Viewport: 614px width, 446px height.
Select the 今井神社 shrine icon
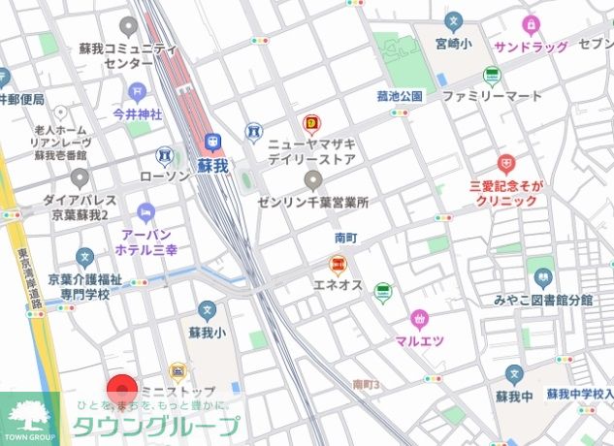click(x=137, y=92)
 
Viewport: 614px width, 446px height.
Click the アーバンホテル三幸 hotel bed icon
click(x=145, y=212)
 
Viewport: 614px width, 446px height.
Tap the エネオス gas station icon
click(x=338, y=264)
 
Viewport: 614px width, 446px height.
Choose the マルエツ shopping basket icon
click(x=419, y=319)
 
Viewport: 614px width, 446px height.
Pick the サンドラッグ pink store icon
click(x=531, y=24)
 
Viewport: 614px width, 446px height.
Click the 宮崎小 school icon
click(x=452, y=21)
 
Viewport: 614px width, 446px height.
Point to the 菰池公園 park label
click(x=401, y=97)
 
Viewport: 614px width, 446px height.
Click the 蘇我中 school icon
click(x=514, y=373)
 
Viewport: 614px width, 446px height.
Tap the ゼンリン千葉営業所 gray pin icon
click(x=312, y=181)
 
